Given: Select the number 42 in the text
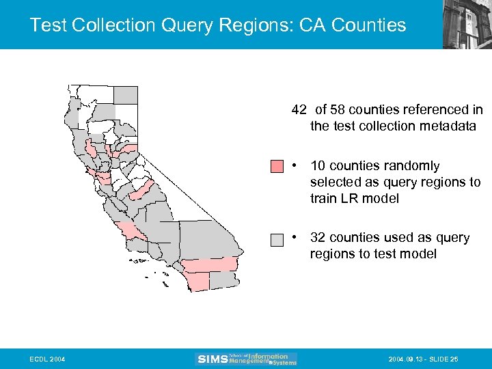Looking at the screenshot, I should click(x=299, y=110).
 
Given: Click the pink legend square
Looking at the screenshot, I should click(x=277, y=167).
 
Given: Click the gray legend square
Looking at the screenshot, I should click(x=277, y=240).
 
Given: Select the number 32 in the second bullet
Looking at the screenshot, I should click(x=318, y=238).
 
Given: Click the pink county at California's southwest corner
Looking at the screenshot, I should click(x=198, y=280).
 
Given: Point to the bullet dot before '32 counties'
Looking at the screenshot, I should click(x=292, y=238).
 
